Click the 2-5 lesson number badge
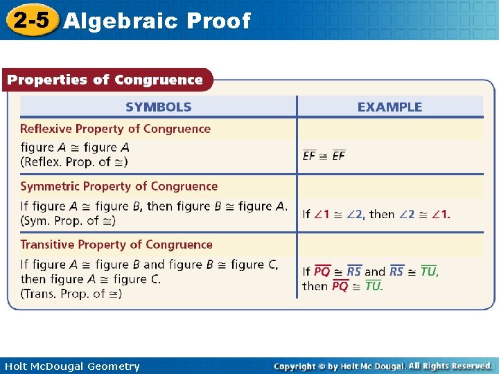[30, 20]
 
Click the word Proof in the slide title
[218, 21]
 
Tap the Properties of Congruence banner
[105, 80]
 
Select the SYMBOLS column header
[159, 107]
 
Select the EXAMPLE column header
[389, 107]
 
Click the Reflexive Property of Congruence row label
[115, 129]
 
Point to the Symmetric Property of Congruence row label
[119, 186]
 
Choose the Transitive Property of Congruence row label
[116, 244]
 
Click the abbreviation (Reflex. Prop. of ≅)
[74, 161]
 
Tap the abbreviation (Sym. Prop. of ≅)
[68, 220]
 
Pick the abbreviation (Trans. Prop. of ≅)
[71, 294]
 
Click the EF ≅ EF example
[324, 156]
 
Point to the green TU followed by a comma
[429, 271]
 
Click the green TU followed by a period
[374, 286]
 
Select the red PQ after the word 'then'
[340, 286]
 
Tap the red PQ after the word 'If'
[322, 271]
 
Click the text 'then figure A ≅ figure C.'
[91, 279]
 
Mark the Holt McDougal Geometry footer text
[72, 366]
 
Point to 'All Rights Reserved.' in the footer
[450, 366]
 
